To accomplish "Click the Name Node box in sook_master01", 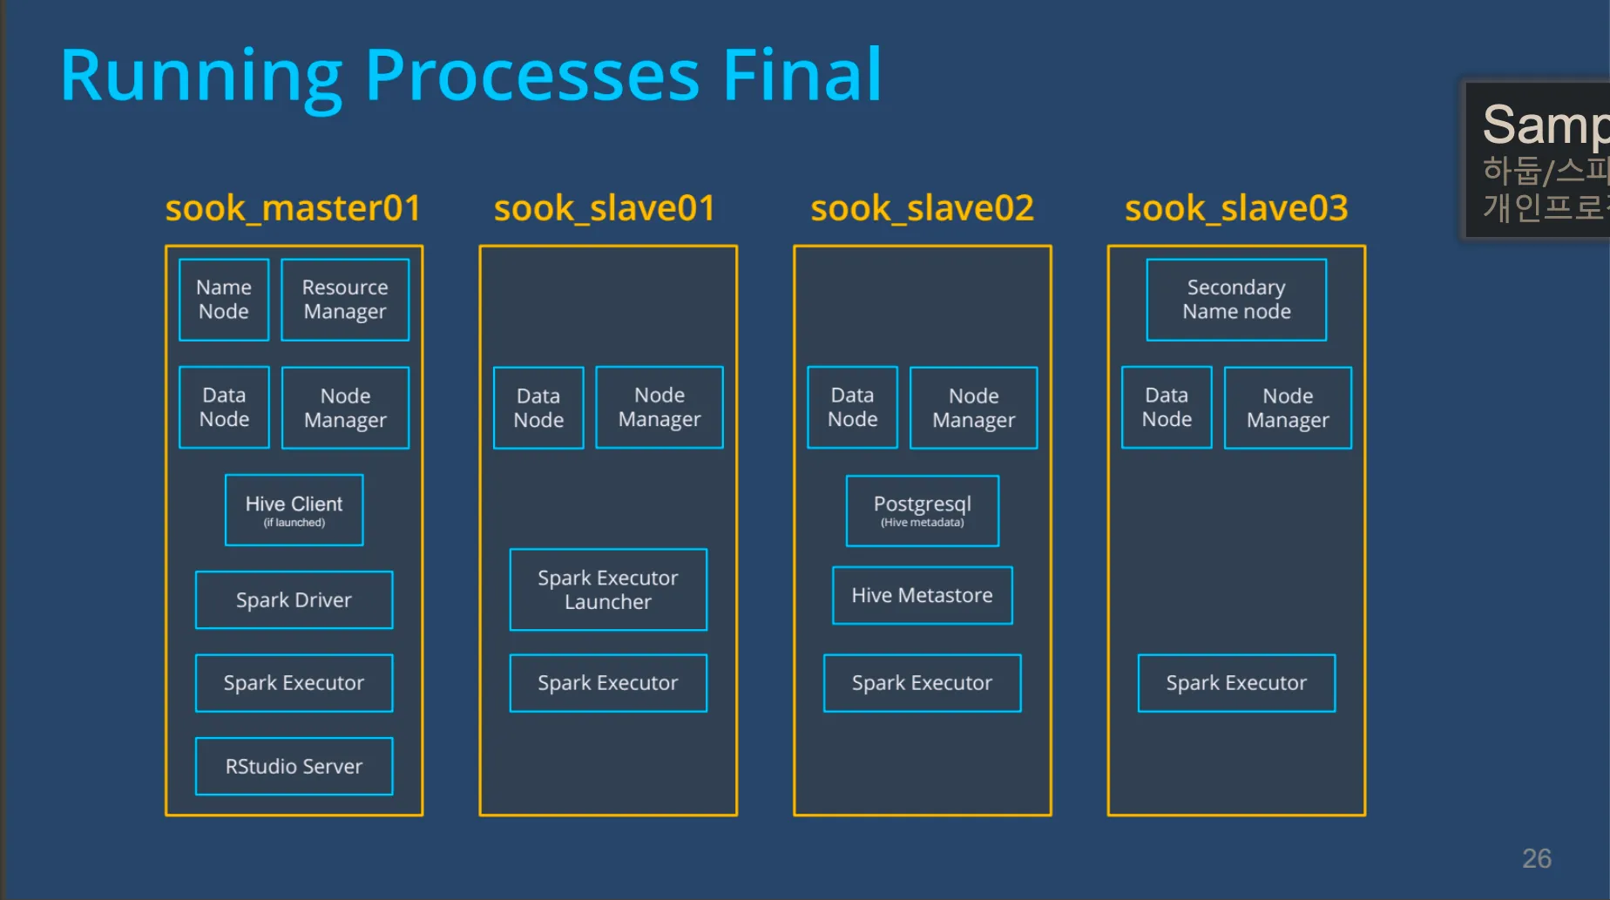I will pyautogui.click(x=224, y=300).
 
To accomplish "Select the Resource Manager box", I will pyautogui.click(x=345, y=300).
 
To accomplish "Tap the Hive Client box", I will pyautogui.click(x=294, y=511).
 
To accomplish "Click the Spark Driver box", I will pyautogui.click(x=294, y=600).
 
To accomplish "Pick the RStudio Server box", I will pyautogui.click(x=294, y=767).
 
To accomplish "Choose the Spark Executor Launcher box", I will pyautogui.click(x=608, y=590).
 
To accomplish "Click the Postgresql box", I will pyautogui.click(x=923, y=511).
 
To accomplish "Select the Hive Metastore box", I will pyautogui.click(x=923, y=596).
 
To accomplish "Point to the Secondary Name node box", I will pyautogui.click(x=1236, y=300).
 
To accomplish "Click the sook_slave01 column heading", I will pyautogui.click(x=605, y=208).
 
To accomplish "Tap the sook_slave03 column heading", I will pyautogui.click(x=1236, y=208).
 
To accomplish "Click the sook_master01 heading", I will pyautogui.click(x=294, y=208).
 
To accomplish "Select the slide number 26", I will pyautogui.click(x=1537, y=859).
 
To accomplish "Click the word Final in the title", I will pyautogui.click(x=802, y=76).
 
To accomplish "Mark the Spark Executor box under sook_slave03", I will pyautogui.click(x=1236, y=683).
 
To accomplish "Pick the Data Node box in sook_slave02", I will pyautogui.click(x=852, y=408).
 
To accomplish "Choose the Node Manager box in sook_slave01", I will pyautogui.click(x=660, y=408).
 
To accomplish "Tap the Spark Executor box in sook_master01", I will pyautogui.click(x=294, y=683).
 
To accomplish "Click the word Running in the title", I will pyautogui.click(x=201, y=76).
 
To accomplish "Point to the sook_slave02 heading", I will pyautogui.click(x=923, y=208).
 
